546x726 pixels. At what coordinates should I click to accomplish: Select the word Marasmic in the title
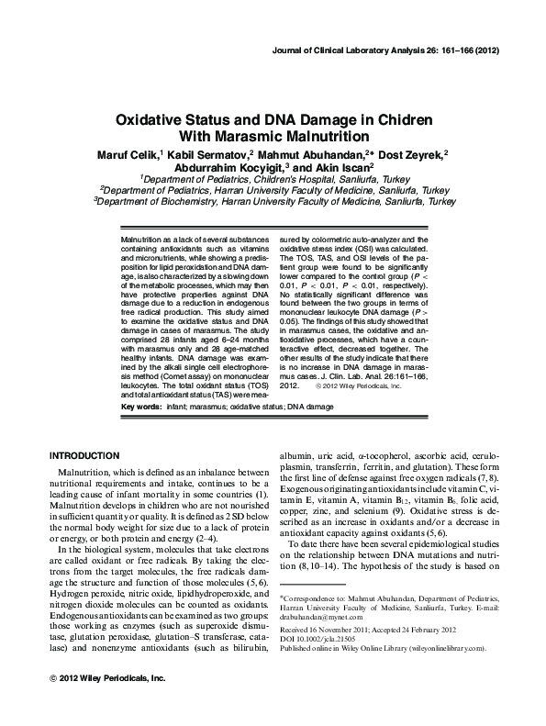tap(252, 136)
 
